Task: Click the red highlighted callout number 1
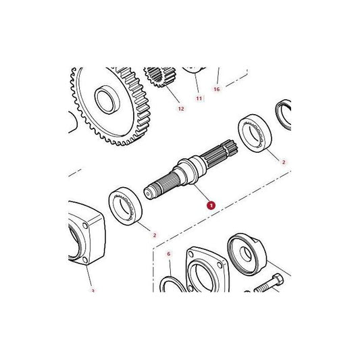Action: (211, 205)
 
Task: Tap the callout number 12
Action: (180, 108)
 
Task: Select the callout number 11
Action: (199, 99)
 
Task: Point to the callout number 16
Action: (217, 88)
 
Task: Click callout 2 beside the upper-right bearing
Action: (284, 162)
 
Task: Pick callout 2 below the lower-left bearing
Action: (155, 235)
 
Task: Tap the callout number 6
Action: (170, 254)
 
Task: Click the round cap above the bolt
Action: (248, 253)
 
